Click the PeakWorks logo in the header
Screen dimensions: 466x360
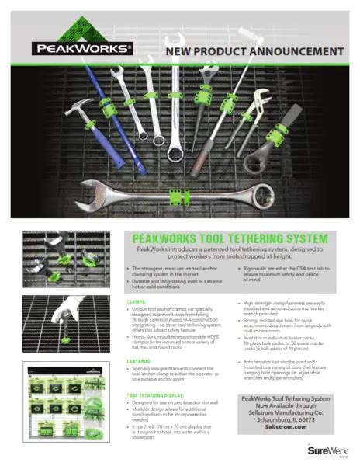click(x=81, y=49)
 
